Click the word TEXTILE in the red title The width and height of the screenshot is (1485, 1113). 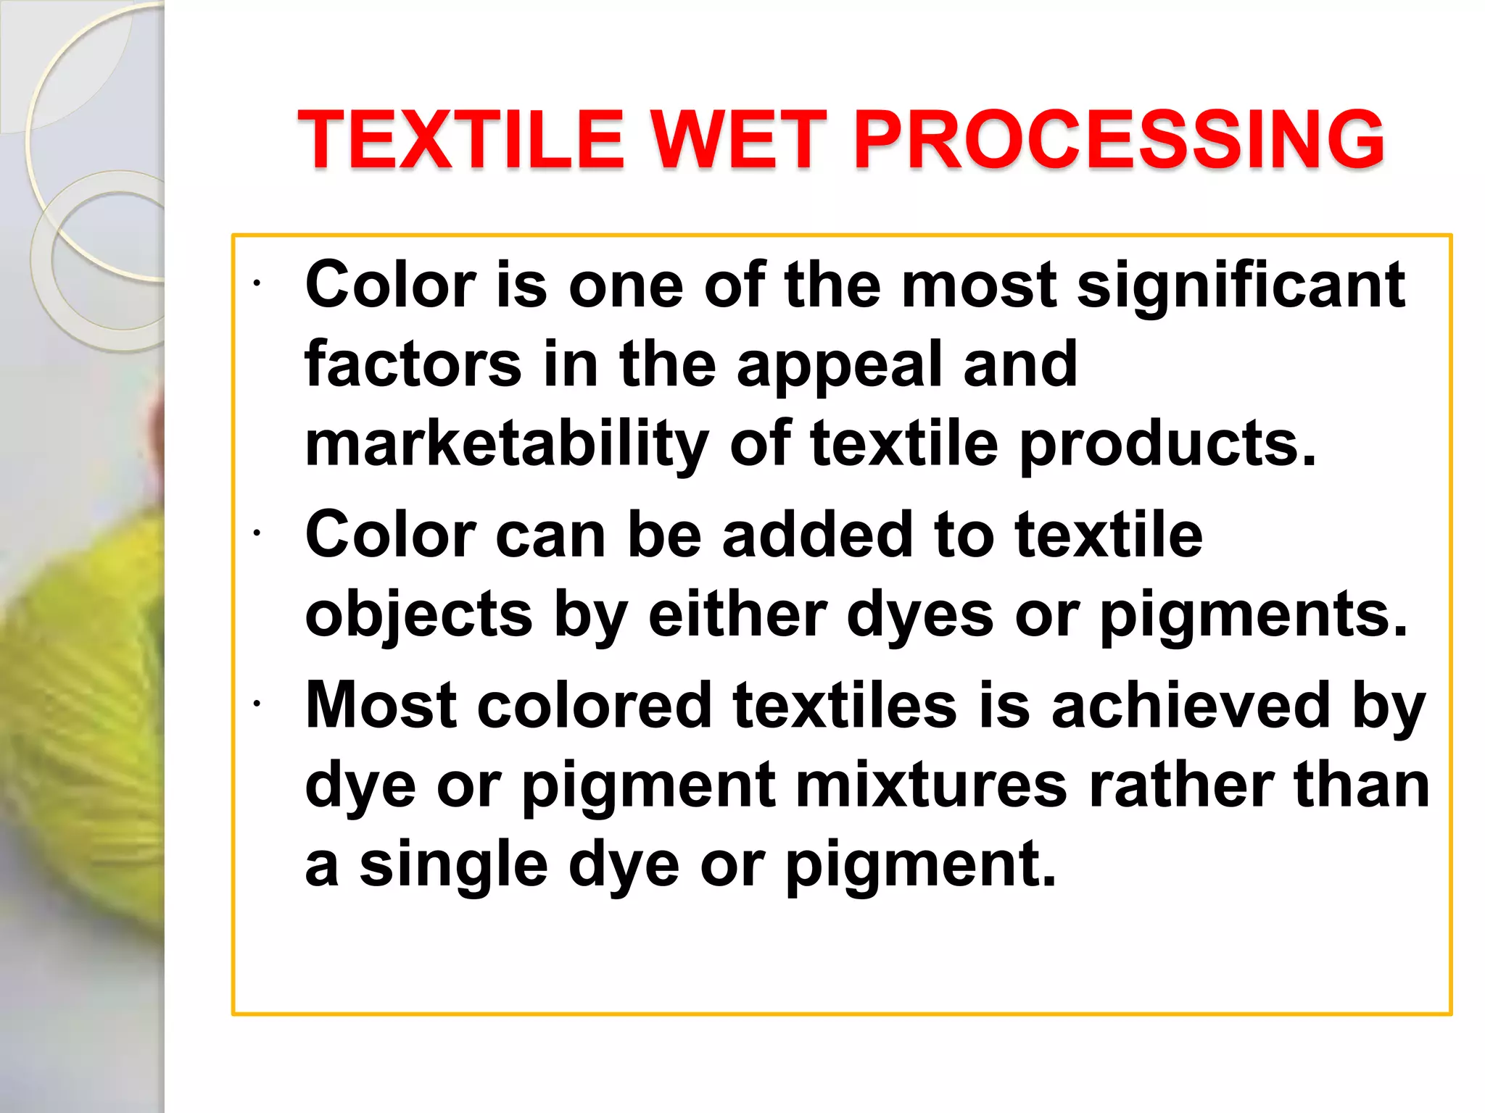pyautogui.click(x=461, y=139)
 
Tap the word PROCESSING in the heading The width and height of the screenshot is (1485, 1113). pyautogui.click(x=1119, y=139)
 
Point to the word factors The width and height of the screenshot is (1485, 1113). pyautogui.click(x=413, y=364)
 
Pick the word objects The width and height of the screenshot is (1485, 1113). pyautogui.click(x=419, y=616)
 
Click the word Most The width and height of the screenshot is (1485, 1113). pyautogui.click(x=381, y=704)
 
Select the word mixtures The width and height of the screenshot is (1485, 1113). pyautogui.click(x=931, y=785)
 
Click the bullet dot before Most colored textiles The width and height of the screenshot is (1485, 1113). pyautogui.click(x=256, y=703)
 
